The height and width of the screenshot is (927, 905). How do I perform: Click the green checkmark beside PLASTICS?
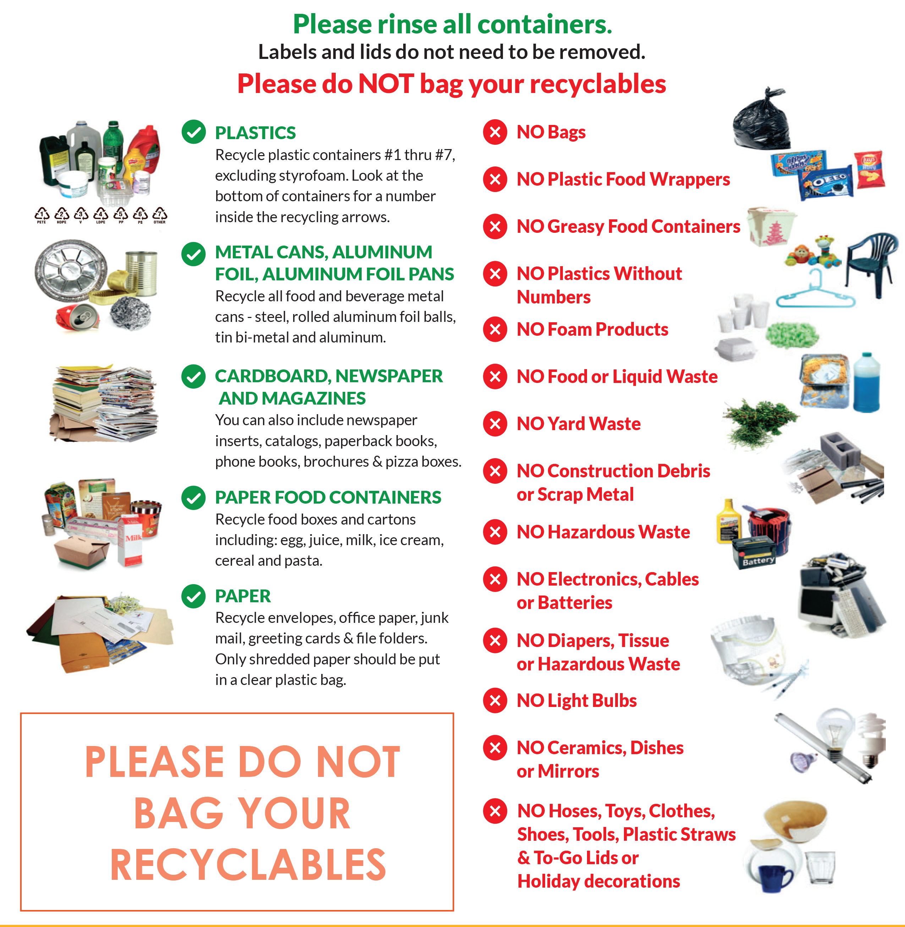coord(193,132)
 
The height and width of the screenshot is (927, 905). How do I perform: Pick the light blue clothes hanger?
coord(815,290)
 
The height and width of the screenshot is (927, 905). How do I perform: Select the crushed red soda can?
coord(78,317)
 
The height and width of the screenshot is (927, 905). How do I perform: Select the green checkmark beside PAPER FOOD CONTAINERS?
coord(193,497)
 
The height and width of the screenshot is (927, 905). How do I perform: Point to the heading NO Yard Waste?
coord(578,423)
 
